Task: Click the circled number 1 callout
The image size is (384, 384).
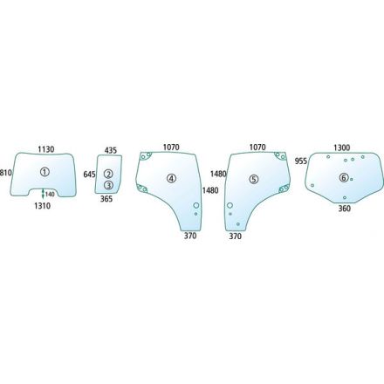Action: point(45,172)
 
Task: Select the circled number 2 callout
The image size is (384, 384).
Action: point(108,174)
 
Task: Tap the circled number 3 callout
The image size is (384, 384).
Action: point(108,185)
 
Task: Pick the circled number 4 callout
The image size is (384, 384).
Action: point(171,178)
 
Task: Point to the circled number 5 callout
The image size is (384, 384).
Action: point(254,180)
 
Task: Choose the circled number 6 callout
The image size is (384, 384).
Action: point(344,177)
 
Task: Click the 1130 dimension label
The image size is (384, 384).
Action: point(46,149)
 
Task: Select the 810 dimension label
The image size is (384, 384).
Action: point(6,173)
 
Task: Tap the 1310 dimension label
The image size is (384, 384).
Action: point(43,206)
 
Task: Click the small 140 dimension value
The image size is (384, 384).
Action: point(50,194)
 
